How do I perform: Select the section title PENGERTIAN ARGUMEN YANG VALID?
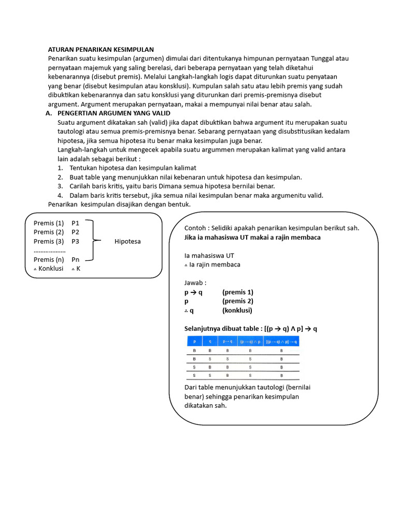[113, 113]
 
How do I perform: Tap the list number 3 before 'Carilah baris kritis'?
[60, 186]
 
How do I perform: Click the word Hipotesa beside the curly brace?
[127, 241]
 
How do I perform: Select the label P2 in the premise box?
[76, 232]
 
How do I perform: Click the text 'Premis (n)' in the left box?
[49, 259]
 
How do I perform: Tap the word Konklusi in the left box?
[51, 269]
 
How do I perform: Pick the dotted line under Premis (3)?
[49, 250]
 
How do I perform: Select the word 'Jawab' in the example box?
[195, 283]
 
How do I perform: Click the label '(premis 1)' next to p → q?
[238, 292]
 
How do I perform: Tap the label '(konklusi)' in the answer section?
[237, 311]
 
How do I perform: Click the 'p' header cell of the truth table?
[194, 342]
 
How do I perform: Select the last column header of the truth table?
[281, 342]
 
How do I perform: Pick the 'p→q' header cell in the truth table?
[227, 342]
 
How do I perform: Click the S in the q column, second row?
[210, 358]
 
